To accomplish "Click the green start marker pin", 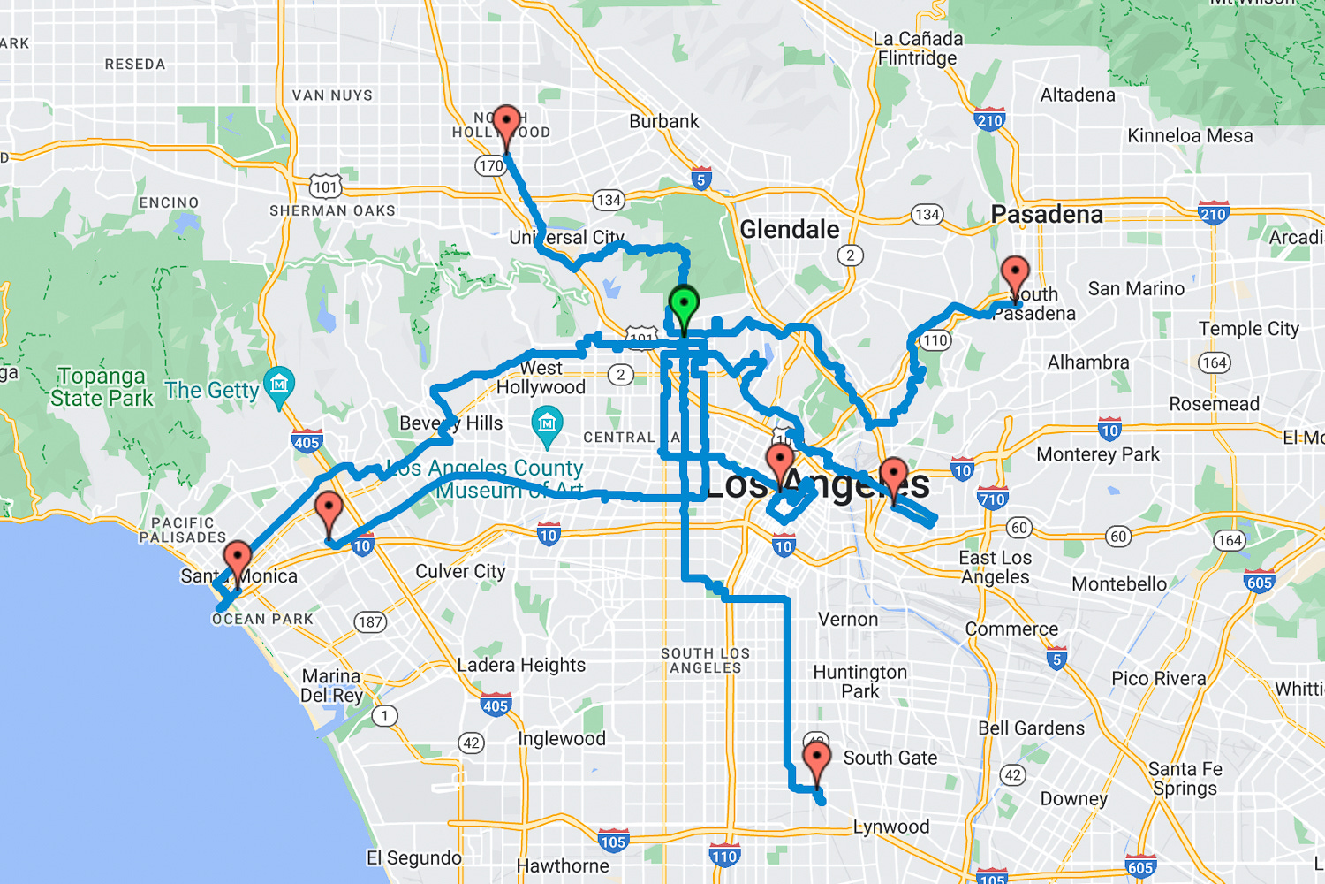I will pos(684,306).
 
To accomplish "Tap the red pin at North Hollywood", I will pos(506,125).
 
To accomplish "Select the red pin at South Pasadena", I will pos(1015,276).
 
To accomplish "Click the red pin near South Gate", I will pos(817,761).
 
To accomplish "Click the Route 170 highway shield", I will pos(490,165).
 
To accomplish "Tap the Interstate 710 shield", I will pos(992,499).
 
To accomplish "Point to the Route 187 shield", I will pos(370,621).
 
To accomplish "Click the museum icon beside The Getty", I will pos(279,385).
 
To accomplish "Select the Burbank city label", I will pos(663,121).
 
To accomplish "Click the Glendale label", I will pos(789,230).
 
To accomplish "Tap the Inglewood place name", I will pos(561,739).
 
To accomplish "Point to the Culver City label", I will pos(460,572).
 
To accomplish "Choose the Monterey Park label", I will pos(1097,454).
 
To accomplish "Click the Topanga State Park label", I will pos(102,387).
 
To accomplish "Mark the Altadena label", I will pos(1077,95).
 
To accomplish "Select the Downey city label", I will pos(1073,799).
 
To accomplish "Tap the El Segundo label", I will pos(413,857).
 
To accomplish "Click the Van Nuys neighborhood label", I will pos(332,95).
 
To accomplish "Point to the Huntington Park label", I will pos(859,682).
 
